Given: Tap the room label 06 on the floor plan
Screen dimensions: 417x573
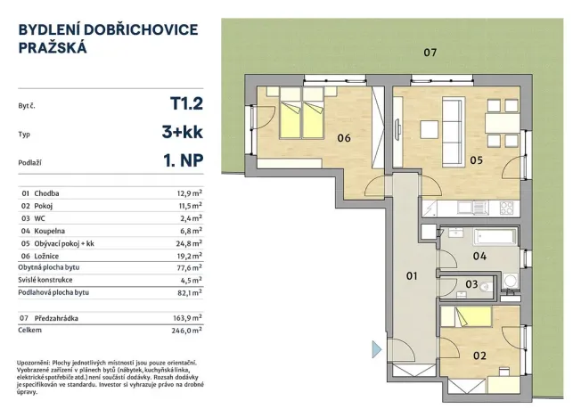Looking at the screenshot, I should (343, 137).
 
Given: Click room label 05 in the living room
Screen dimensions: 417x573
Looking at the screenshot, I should (476, 160).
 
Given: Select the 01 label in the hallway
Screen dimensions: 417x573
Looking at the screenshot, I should (413, 276).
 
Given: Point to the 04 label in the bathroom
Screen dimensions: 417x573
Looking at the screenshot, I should (479, 257).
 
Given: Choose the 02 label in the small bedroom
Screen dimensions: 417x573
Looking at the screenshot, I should (480, 356).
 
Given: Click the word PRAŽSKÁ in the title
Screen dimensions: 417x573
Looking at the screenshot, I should (53, 49).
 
